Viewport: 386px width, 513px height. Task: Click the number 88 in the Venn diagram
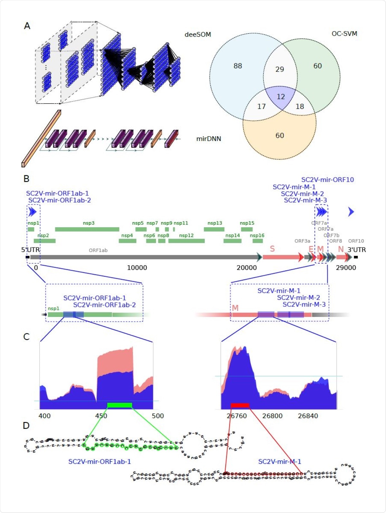pos(238,66)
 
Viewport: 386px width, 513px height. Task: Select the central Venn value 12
pos(281,97)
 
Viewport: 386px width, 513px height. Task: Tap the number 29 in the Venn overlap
pos(280,69)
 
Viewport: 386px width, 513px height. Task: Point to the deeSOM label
pos(198,34)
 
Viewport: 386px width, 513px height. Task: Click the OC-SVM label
pos(344,33)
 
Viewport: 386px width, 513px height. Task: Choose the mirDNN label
pos(208,139)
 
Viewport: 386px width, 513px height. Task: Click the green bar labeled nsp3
pos(87,229)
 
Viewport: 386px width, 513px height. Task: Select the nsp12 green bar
pos(186,241)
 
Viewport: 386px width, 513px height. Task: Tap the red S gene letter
pos(272,249)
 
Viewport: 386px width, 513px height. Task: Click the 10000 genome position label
pos(137,268)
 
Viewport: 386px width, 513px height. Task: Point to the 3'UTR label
pos(356,250)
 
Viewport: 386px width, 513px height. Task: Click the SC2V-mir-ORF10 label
pos(327,180)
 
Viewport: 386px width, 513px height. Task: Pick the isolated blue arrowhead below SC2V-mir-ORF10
pos(351,212)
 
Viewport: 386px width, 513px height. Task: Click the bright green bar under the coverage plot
pos(120,405)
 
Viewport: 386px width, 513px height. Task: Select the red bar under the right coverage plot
pos(240,405)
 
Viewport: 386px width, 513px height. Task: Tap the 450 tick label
pos(101,416)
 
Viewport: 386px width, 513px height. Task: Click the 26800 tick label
pos(272,416)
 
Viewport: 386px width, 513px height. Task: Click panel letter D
pos(26,426)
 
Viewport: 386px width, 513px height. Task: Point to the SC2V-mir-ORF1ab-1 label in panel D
pos(99,462)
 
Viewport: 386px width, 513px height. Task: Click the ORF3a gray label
pos(302,241)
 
